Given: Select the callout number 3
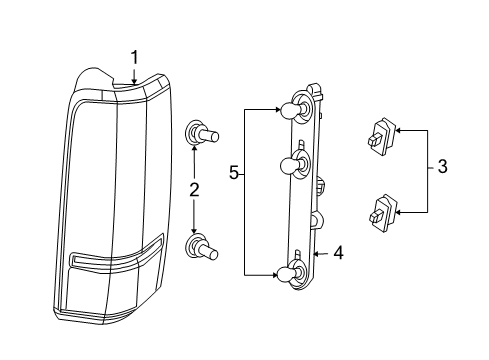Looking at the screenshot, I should click(x=441, y=169).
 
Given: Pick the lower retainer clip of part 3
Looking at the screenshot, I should click(x=380, y=210).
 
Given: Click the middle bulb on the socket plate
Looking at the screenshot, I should click(x=291, y=165).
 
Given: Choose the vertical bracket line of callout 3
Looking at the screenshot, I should click(x=427, y=170).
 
